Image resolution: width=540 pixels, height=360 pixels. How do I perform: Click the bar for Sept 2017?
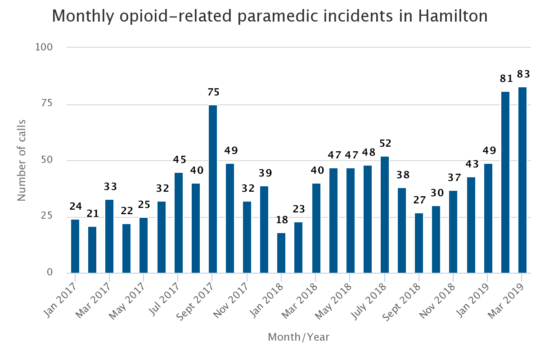point(212,189)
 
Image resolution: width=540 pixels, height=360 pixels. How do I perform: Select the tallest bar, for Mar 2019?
point(522,180)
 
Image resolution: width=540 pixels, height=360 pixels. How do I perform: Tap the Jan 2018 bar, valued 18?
point(281,253)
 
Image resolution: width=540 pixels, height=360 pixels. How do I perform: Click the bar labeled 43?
point(471,225)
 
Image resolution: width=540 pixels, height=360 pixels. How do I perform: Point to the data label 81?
point(507,79)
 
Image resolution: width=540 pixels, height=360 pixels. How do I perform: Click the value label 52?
point(386,144)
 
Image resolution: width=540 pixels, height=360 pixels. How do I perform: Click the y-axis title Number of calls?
point(22,160)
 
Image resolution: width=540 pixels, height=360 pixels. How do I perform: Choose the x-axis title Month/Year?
point(298,337)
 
